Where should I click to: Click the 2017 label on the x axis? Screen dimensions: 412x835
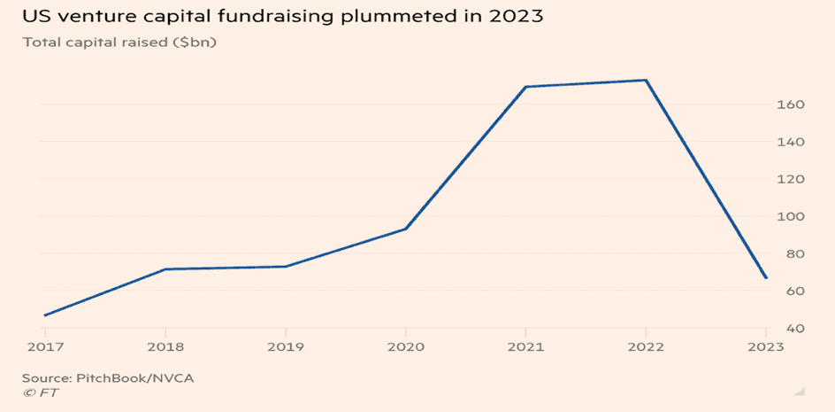pos(44,346)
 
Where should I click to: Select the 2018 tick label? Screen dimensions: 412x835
pos(165,346)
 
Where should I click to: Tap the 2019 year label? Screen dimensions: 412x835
pos(285,346)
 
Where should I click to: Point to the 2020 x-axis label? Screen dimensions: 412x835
pos(405,346)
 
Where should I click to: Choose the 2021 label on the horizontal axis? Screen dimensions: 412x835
pos(525,346)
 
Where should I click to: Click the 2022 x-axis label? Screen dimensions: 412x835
pos(647,346)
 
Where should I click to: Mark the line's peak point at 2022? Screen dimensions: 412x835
pos(647,81)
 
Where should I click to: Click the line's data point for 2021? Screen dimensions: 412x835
pos(525,87)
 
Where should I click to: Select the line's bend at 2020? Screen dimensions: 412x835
pos(406,229)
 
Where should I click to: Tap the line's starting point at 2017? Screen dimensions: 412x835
pos(44,315)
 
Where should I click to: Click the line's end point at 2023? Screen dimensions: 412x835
pos(767,278)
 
